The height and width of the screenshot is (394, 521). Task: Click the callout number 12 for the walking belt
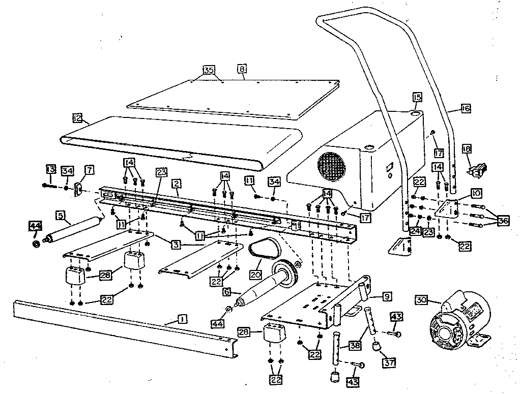pos(77,118)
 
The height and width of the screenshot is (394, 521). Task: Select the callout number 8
pos(242,68)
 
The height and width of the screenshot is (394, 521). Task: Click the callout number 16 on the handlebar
pos(466,108)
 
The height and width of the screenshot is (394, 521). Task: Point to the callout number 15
pos(417,97)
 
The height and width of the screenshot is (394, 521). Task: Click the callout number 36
pos(503,221)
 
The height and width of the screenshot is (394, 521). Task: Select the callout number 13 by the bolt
pos(50,169)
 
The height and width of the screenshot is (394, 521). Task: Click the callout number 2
pos(177,181)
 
